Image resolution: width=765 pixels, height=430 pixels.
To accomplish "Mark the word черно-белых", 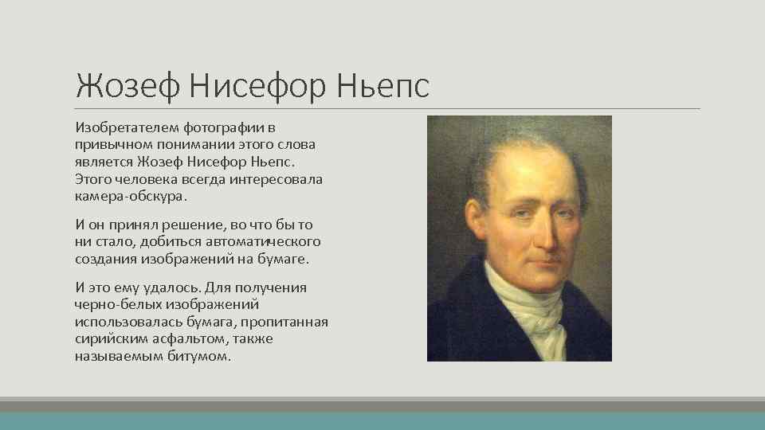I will tap(109, 305).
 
